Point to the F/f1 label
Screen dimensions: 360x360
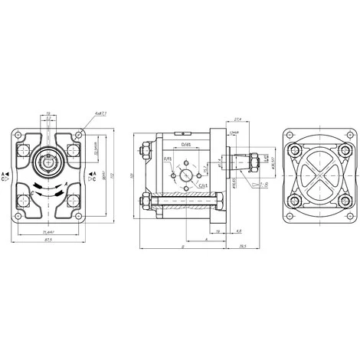[x=167, y=159]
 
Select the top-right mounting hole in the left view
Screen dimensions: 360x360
[x=74, y=146]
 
